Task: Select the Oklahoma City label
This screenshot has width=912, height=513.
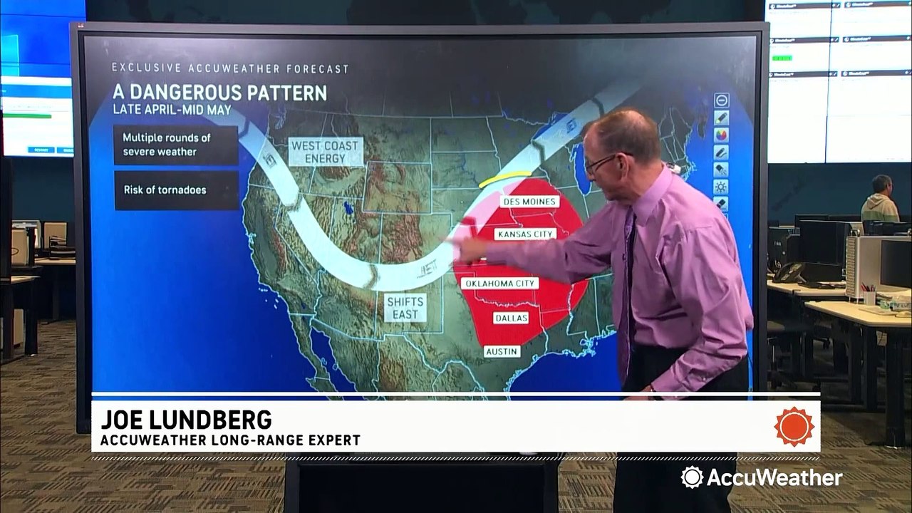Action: pyautogui.click(x=499, y=284)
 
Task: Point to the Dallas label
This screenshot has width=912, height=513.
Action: pyautogui.click(x=511, y=318)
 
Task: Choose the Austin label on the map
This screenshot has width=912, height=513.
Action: pyautogui.click(x=502, y=351)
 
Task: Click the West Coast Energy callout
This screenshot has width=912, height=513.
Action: pyautogui.click(x=325, y=152)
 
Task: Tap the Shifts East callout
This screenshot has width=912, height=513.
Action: pyautogui.click(x=405, y=307)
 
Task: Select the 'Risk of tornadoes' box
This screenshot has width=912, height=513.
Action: pyautogui.click(x=176, y=190)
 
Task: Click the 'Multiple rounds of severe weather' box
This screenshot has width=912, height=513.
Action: pyautogui.click(x=176, y=145)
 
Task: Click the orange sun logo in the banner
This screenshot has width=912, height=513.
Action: pyautogui.click(x=794, y=426)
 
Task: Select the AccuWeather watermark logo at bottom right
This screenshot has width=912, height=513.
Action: pyautogui.click(x=761, y=477)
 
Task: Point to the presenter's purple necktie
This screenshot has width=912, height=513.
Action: pyautogui.click(x=627, y=285)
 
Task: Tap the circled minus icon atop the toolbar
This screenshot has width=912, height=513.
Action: pyautogui.click(x=721, y=100)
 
